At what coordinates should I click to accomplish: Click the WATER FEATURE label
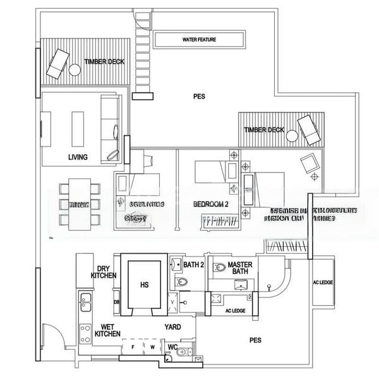pos(199,40)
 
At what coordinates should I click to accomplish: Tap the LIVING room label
pos(78,157)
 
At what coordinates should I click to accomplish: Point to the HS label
pos(145,285)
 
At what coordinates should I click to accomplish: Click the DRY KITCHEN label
pos(104,272)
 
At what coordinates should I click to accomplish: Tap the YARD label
pos(172,327)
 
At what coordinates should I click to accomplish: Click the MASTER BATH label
pos(240,268)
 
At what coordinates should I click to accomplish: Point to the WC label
pos(172,346)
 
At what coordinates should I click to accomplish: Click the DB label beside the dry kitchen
pos(117,302)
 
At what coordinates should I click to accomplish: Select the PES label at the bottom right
pos(255,340)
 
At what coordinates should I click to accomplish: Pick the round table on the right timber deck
pos(292,135)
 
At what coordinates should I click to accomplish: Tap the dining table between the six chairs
pos(79,202)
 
